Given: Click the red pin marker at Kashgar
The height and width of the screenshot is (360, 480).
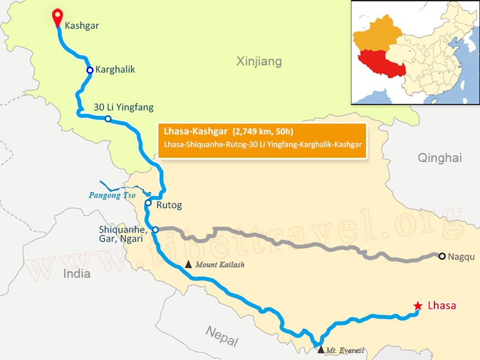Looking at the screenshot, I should click(58, 16).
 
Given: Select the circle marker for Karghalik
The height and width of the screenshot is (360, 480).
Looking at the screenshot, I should click(89, 70).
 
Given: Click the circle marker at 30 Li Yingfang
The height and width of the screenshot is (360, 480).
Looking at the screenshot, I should click(108, 119).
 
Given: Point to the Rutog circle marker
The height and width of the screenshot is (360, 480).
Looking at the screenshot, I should click(148, 203).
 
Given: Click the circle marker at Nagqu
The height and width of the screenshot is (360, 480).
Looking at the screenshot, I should click(442, 256).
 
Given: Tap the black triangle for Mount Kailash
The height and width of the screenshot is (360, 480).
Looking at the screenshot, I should click(189, 264).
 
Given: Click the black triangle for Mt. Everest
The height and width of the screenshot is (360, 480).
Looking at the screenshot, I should click(320, 349).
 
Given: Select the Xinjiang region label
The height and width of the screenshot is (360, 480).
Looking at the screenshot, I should click(259, 61).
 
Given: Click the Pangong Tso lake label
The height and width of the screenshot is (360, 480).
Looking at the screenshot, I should click(112, 195).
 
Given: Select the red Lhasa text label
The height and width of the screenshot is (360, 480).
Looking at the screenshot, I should click(442, 306).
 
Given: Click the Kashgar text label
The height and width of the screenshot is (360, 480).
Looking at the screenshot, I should click(82, 25).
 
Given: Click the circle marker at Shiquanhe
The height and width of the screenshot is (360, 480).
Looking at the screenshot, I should click(155, 230).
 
